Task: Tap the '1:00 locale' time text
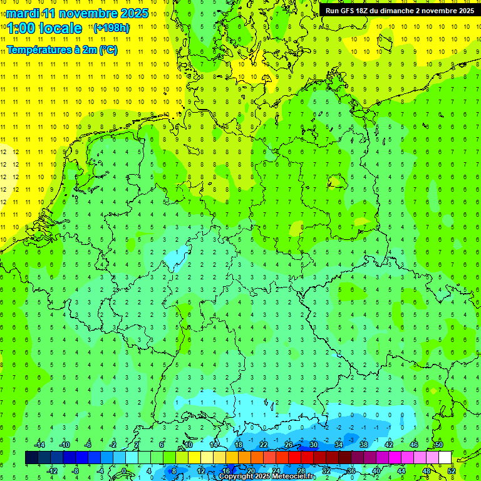coord(44,28)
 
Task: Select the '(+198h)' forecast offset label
coord(111,28)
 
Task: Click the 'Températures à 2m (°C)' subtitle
coord(61,49)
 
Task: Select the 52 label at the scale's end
coord(451,470)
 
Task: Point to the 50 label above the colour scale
coord(439,445)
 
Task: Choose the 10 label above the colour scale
coord(189,445)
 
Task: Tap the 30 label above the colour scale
coord(314,445)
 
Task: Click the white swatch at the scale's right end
coord(445,457)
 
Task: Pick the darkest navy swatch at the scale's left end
coord(31,457)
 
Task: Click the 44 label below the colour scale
coord(401,470)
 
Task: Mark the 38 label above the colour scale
coord(364,445)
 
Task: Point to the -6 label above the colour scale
coord(88,445)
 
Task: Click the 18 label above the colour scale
coord(239,445)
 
